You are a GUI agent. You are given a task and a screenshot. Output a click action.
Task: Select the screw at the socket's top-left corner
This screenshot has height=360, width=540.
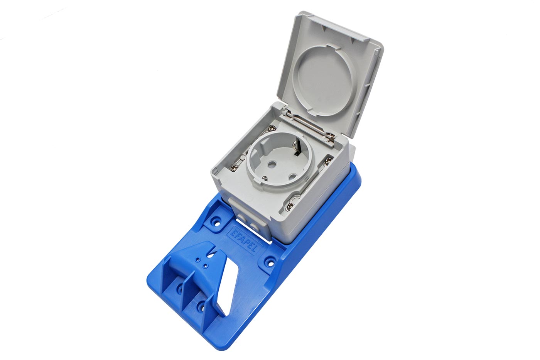click(272, 128)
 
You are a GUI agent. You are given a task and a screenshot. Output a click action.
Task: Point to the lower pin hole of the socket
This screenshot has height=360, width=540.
click(292, 176)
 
